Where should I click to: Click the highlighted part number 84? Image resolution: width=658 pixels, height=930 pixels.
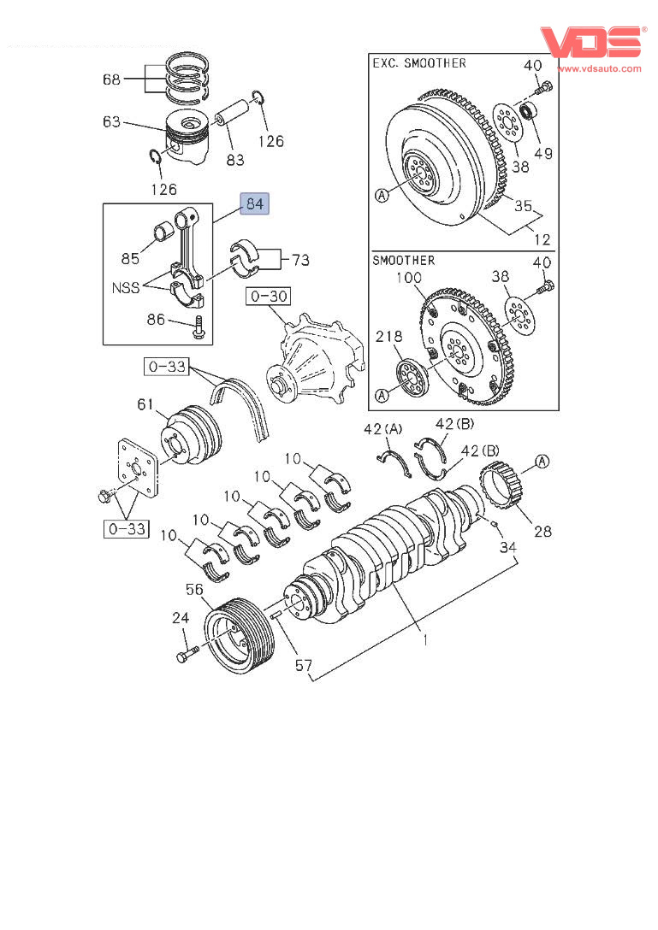pos(255,204)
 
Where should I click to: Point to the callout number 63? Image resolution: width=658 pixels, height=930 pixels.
pos(111,122)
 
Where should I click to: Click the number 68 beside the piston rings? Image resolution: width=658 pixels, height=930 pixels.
pos(111,79)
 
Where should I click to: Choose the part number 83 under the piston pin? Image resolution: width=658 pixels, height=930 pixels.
pos(234,159)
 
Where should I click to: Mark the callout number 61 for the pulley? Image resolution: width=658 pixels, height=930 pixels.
pos(146,403)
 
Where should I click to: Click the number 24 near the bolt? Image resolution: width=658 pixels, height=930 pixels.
pos(180,618)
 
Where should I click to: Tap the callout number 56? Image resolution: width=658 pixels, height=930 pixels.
pos(194,589)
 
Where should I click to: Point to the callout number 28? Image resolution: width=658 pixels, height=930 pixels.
pos(543,531)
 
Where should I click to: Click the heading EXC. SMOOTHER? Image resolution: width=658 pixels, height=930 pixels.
pos(419,63)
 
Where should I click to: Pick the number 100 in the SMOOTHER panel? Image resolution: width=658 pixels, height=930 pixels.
pos(409,277)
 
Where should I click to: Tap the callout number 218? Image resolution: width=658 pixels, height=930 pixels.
pos(388,338)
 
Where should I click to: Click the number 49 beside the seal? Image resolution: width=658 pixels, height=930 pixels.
pos(543,154)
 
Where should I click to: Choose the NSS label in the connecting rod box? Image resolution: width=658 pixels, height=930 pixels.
pos(126,288)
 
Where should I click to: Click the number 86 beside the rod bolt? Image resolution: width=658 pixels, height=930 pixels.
pos(156,321)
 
